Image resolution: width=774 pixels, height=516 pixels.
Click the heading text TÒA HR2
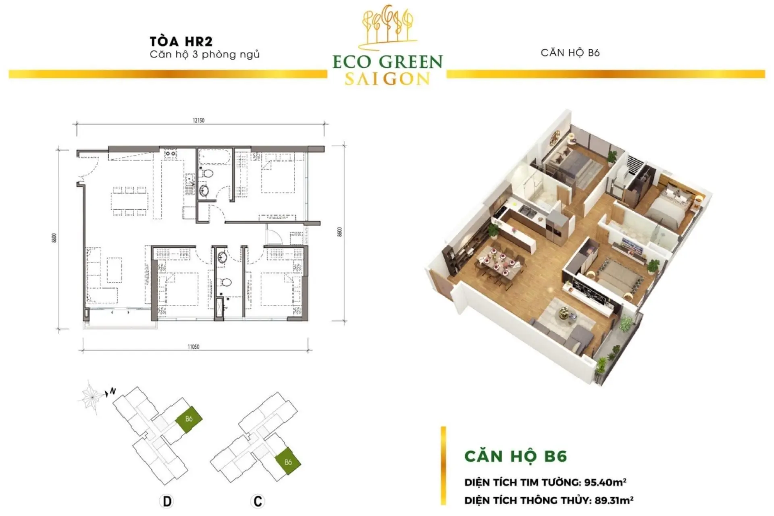point(181,42)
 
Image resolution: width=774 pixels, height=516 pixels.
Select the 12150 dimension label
point(198,120)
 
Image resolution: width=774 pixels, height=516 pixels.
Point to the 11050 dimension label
point(193,346)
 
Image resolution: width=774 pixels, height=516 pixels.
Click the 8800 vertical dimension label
point(54,238)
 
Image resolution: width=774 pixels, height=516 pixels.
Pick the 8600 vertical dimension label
point(340,231)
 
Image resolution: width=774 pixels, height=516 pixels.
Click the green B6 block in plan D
point(189,419)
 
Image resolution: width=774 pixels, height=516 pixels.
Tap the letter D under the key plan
point(166,501)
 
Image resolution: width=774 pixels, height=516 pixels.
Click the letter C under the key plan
point(257,501)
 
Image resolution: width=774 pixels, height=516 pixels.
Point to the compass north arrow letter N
point(113,391)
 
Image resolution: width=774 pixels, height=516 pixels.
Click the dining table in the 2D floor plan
point(130,201)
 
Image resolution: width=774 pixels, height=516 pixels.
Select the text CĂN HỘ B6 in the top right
point(570,53)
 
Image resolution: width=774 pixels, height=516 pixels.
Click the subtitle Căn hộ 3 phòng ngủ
point(205,54)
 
